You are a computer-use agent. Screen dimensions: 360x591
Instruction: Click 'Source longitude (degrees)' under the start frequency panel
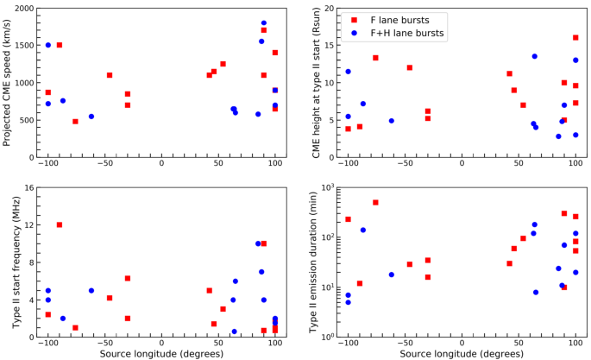[x=161, y=353]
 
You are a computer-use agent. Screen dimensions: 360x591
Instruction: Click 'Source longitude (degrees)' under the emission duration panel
[x=461, y=353]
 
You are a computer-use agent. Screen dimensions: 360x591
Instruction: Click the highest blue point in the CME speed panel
[x=264, y=23]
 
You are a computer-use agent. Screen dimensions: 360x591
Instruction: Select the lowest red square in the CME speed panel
[x=75, y=122]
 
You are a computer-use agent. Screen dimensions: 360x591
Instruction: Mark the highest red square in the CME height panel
[x=575, y=37]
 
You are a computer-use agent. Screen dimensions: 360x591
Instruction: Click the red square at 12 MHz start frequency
[x=60, y=224]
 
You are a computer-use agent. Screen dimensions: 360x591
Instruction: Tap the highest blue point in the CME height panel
[x=534, y=56]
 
